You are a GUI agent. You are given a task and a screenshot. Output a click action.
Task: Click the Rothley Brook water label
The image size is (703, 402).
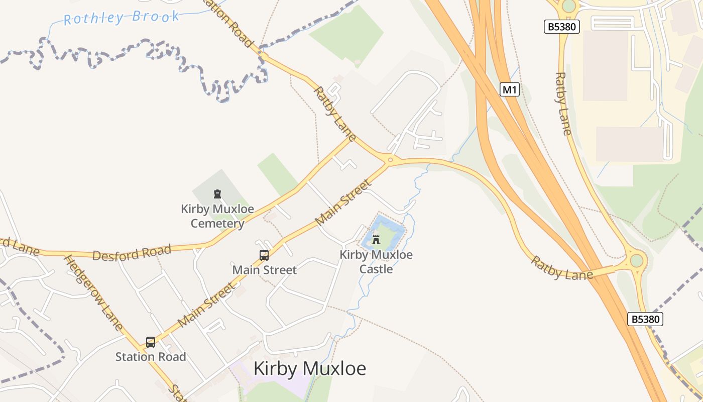coord(122,18)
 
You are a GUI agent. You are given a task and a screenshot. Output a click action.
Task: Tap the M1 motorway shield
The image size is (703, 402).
coord(510,90)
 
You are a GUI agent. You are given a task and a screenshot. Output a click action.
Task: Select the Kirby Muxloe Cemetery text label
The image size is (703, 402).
coord(217,216)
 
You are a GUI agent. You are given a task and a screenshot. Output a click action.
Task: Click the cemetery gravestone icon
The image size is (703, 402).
coord(217,194)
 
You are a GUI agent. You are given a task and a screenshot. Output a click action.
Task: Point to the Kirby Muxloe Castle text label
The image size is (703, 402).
coord(376,261)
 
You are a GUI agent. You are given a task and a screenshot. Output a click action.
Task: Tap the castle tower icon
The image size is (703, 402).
coord(376,240)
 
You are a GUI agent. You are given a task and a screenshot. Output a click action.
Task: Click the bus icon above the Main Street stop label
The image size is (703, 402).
coord(264,255)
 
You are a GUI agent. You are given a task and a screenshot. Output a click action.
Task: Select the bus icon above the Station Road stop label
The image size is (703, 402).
coord(151,342)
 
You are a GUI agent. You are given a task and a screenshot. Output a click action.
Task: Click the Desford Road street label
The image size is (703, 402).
coord(132,252)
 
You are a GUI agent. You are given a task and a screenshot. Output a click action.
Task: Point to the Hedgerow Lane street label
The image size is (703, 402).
coord(93,293)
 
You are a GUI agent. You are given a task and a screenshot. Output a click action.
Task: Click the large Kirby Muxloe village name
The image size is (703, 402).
coord(310,368)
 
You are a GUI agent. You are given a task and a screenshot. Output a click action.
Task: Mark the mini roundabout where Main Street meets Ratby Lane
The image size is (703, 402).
coord(390,159)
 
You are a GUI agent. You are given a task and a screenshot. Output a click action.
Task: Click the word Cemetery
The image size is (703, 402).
coord(217,223)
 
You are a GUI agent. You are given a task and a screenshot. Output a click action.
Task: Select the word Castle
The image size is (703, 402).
coord(376,269)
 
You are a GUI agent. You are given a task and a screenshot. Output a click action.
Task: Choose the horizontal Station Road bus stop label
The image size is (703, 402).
coord(151,357)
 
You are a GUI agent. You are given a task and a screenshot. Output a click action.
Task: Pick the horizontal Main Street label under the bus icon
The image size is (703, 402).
coord(264,270)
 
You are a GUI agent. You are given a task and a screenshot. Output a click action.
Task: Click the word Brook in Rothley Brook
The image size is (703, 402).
coord(156,16)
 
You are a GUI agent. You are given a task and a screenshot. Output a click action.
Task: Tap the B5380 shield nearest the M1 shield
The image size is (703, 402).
coord(562,27)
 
